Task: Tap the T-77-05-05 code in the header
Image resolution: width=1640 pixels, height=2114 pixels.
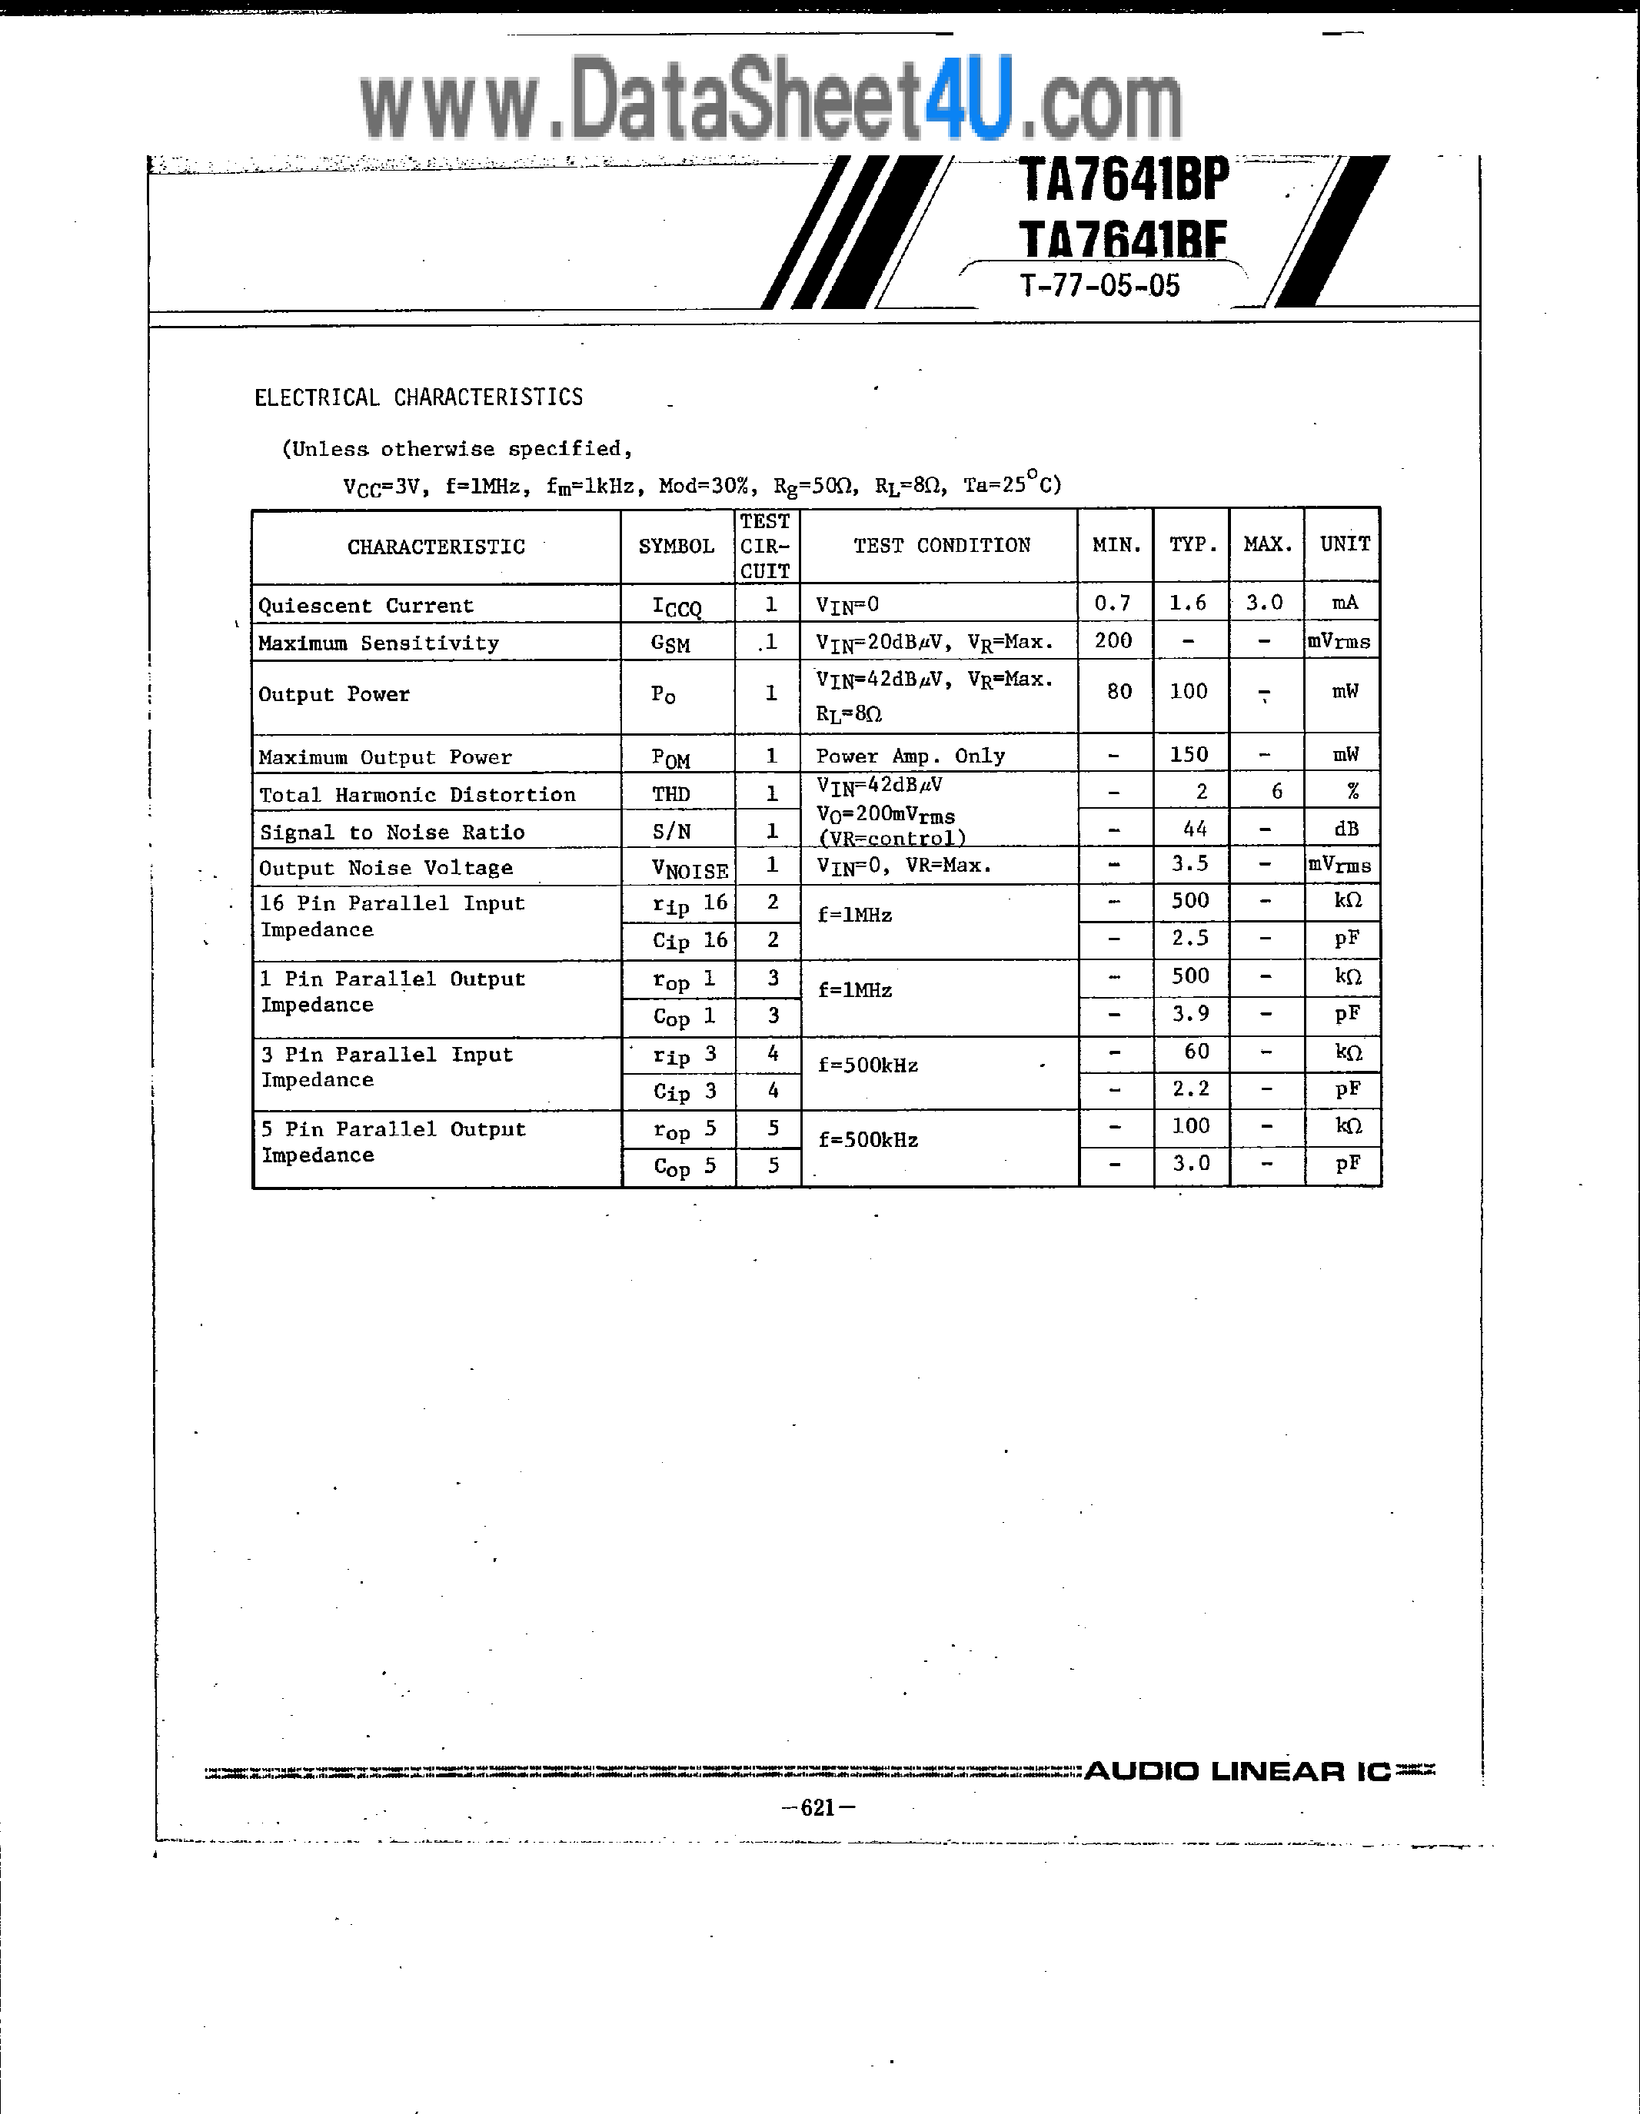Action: coord(1099,285)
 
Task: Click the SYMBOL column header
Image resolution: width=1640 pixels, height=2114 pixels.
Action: coord(676,546)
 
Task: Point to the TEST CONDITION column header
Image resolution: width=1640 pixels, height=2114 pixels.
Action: coord(941,545)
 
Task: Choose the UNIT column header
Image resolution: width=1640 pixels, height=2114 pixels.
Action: coord(1345,544)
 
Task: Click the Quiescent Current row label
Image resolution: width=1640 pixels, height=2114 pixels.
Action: coord(366,606)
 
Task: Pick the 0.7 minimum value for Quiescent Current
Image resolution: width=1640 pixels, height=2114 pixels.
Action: coord(1113,603)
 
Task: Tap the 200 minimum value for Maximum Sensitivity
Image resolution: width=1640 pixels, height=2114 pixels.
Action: coord(1113,641)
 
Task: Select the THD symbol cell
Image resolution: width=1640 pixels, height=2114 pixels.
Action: coord(671,795)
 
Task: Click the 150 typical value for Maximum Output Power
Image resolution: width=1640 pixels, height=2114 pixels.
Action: coord(1189,754)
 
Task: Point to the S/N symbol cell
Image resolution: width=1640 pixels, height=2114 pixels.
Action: coord(671,832)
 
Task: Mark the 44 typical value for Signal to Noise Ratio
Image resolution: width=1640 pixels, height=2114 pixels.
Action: coord(1195,829)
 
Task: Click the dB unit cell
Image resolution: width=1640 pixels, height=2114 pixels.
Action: coord(1346,829)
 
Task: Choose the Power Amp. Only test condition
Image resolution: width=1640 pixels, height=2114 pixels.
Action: coord(910,756)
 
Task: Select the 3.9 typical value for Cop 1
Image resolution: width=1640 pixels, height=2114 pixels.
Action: coord(1191,1013)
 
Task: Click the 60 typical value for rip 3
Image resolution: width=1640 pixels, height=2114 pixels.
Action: coord(1196,1051)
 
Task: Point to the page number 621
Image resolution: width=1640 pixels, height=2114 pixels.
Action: coord(818,1807)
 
